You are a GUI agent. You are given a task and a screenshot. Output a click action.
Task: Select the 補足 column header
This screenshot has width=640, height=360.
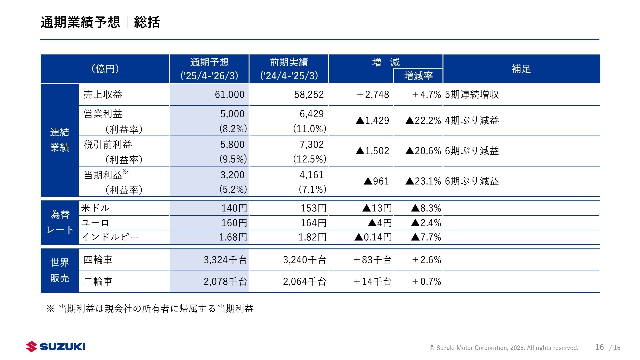(521, 69)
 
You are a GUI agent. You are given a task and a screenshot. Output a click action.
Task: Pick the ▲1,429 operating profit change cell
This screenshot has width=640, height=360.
(372, 120)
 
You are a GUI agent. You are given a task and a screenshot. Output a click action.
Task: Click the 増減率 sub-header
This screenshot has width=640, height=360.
(418, 76)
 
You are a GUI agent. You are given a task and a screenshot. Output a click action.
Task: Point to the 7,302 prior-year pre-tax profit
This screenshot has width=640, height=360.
(311, 144)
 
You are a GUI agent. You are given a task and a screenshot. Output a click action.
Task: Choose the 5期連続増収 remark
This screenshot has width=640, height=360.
(472, 94)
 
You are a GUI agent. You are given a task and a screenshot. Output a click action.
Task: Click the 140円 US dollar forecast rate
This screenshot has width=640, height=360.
(234, 208)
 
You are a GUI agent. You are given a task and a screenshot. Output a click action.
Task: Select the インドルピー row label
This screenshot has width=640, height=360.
(110, 237)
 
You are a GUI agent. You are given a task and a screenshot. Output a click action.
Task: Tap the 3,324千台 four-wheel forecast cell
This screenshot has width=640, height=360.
(225, 260)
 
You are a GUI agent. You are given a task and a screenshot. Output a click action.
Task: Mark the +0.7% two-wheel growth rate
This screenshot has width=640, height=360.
(426, 281)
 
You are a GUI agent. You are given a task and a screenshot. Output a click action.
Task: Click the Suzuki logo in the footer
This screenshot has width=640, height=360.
(56, 347)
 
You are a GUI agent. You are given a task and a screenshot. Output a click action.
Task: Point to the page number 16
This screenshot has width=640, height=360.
(599, 347)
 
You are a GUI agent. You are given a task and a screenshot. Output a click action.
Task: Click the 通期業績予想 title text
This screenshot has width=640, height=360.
(80, 22)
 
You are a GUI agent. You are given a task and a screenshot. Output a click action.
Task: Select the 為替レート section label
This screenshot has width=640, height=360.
(60, 222)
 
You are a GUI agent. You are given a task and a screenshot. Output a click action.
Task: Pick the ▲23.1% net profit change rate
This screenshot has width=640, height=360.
(423, 181)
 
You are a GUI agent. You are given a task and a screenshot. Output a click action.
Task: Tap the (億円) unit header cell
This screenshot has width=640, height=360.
(105, 69)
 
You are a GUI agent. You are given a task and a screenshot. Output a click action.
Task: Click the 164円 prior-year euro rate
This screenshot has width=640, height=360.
(313, 223)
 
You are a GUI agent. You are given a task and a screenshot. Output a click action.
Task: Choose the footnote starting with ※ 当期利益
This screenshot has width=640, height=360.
(150, 309)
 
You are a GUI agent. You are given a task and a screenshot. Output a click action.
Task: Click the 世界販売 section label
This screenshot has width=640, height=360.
(60, 270)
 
